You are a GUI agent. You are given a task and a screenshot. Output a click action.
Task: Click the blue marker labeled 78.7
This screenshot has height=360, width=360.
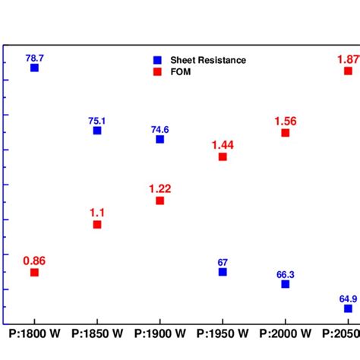pos(34,68)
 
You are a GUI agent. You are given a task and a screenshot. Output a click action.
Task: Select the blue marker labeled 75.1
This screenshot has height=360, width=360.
pos(97,131)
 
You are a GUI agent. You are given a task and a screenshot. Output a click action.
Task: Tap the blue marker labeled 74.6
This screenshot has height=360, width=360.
pos(159,139)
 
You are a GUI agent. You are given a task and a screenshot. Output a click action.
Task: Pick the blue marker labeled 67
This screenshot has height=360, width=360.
pos(223,272)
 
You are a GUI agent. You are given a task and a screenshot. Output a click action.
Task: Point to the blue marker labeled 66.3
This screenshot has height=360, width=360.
pos(286,284)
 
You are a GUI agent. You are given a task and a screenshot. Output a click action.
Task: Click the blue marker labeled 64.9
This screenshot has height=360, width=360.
pos(348,308)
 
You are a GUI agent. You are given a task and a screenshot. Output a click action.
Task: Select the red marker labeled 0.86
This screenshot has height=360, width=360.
pos(34,272)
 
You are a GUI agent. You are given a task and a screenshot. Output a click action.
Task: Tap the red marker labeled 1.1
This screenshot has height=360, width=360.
pos(97,224)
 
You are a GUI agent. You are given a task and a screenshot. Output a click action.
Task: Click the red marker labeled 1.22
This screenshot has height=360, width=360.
pos(159,201)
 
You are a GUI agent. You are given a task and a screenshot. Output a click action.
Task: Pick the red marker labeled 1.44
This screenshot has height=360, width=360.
pos(223,156)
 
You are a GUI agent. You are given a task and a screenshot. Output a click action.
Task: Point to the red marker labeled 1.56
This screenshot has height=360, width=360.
pos(286,132)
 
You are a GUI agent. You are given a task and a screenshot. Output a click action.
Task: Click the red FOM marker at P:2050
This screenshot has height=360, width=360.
pos(348,71)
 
